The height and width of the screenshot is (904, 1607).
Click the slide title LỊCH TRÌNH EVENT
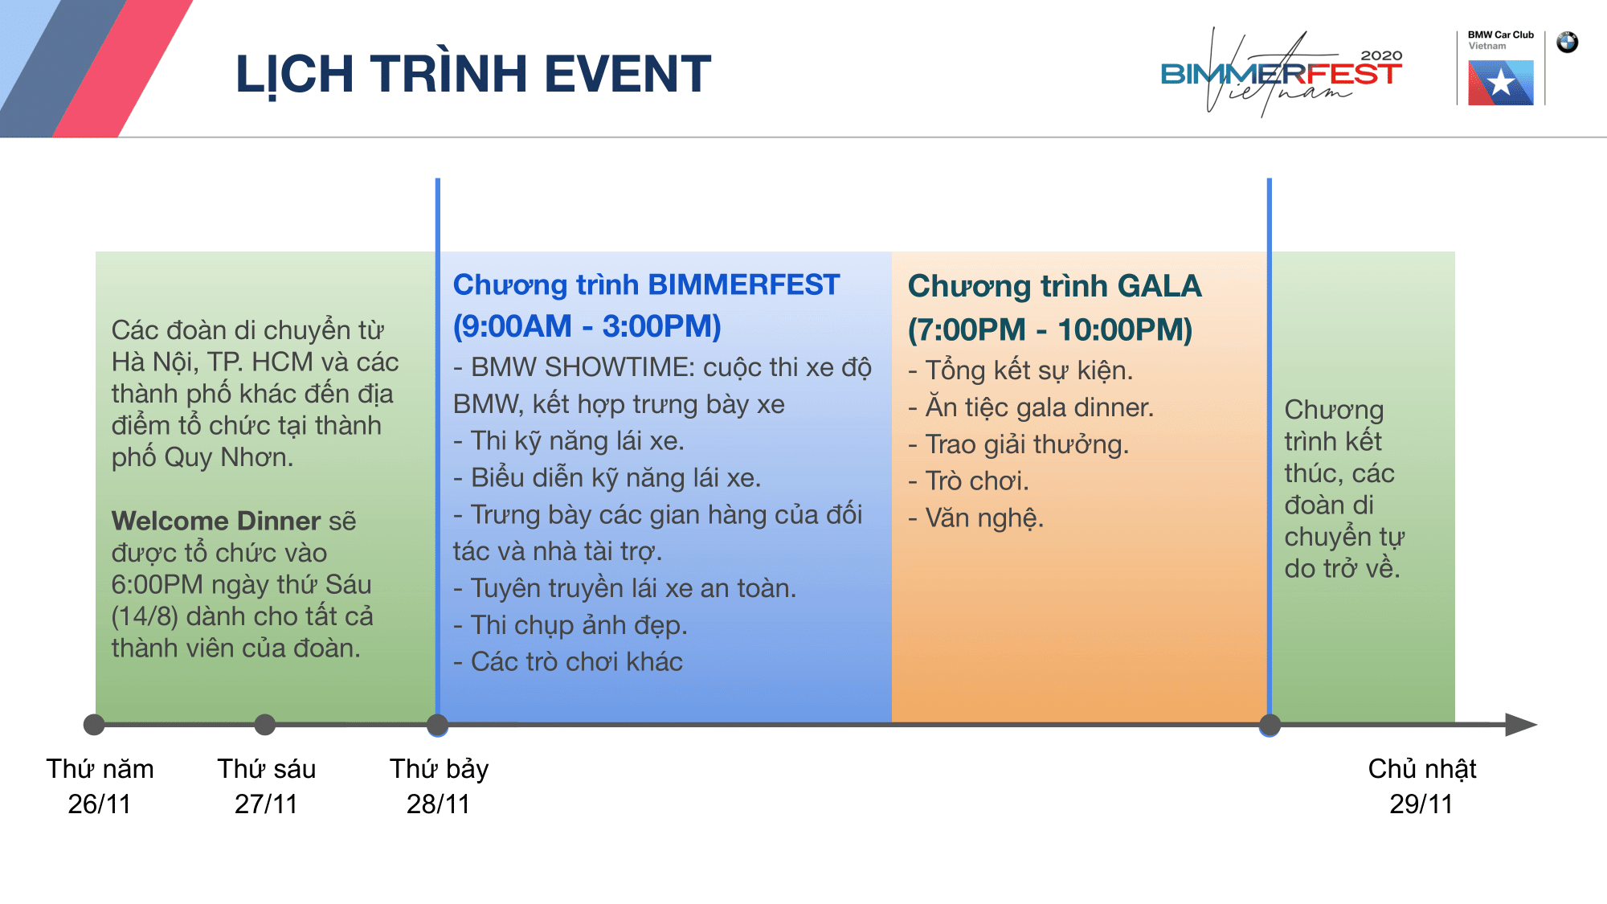pos(473,75)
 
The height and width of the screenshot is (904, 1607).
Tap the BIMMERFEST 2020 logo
pos(1282,73)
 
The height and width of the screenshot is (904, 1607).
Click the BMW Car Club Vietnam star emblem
pos(1500,83)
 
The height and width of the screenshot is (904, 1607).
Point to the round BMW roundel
pos(1567,43)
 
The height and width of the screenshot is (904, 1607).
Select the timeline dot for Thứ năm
pos(94,725)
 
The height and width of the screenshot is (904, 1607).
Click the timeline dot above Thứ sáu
pos(265,725)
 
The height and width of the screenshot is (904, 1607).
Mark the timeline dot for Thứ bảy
pos(437,725)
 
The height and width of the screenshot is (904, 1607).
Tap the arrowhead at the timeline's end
pos(1521,725)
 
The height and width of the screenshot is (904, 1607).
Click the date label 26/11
pos(100,804)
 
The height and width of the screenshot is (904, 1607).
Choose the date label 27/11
pos(266,804)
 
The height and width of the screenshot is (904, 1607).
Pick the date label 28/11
pos(438,804)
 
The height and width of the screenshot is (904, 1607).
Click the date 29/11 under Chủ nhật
pos(1421,804)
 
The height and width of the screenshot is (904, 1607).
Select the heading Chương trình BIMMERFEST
pos(646,285)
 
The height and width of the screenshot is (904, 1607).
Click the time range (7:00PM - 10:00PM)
pos(1050,330)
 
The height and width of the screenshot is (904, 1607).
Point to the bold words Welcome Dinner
pos(216,521)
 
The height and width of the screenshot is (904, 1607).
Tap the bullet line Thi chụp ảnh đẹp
pos(570,625)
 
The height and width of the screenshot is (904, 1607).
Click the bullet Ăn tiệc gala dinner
pos(1031,408)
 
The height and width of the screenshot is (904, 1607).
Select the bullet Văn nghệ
pos(975,518)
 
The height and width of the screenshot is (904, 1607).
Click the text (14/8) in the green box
pos(145,616)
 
